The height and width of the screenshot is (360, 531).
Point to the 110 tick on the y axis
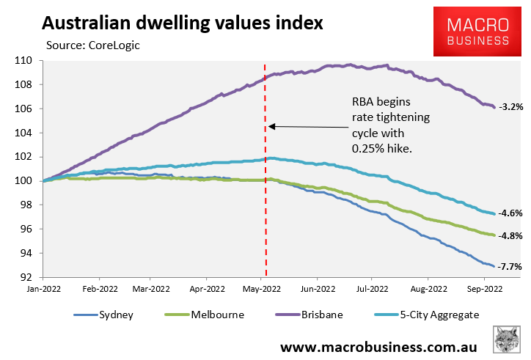point(28,61)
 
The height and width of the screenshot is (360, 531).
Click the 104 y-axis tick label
point(28,133)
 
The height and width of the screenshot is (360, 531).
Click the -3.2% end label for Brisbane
point(510,107)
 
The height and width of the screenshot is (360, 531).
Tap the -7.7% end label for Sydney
point(510,268)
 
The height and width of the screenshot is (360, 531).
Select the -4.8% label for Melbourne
point(510,236)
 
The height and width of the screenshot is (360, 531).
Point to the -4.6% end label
point(510,214)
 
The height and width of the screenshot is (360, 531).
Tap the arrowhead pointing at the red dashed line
point(271,126)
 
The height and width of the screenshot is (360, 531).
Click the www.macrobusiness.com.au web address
point(379,345)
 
